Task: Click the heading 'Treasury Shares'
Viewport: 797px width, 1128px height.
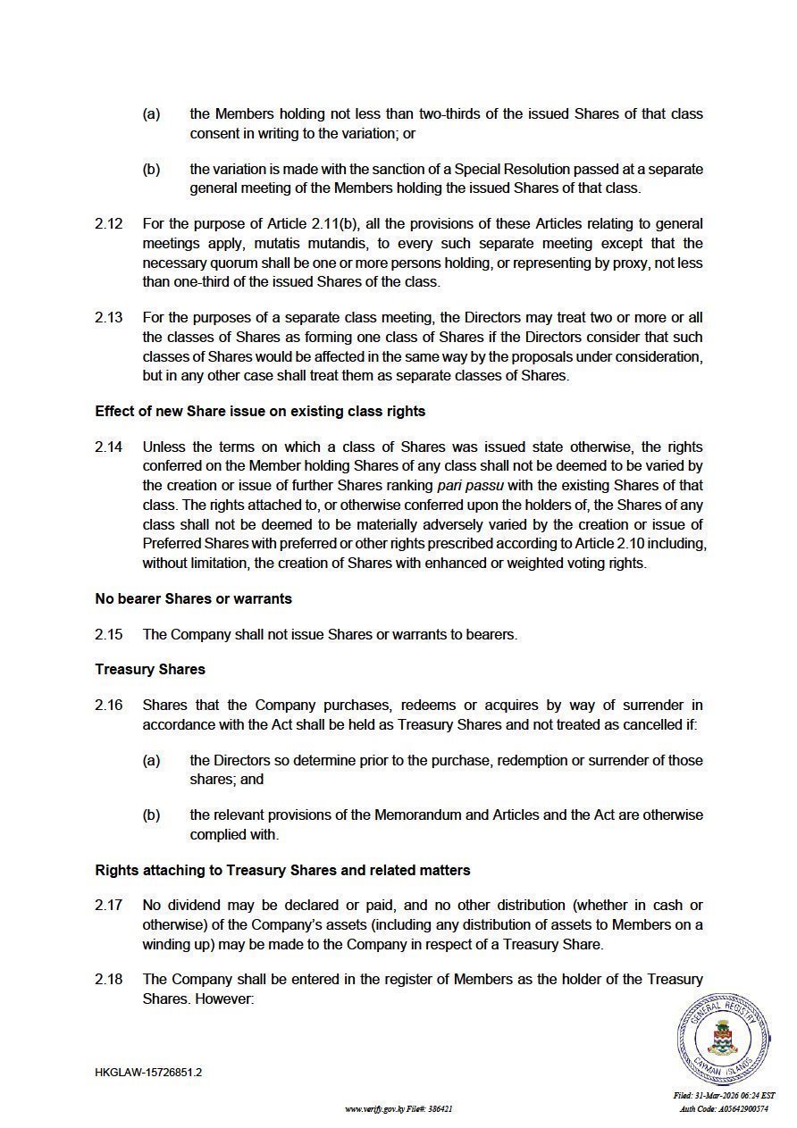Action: tap(150, 670)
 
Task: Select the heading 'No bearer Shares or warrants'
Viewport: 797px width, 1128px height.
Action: tap(193, 598)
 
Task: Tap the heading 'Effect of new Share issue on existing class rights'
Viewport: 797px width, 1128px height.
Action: tap(260, 412)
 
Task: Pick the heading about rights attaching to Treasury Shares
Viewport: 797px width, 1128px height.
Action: tap(282, 870)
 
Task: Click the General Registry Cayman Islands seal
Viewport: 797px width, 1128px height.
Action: tap(722, 1039)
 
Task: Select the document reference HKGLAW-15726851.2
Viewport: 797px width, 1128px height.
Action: tap(148, 1073)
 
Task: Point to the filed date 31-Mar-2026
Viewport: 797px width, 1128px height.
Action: tap(724, 1096)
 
